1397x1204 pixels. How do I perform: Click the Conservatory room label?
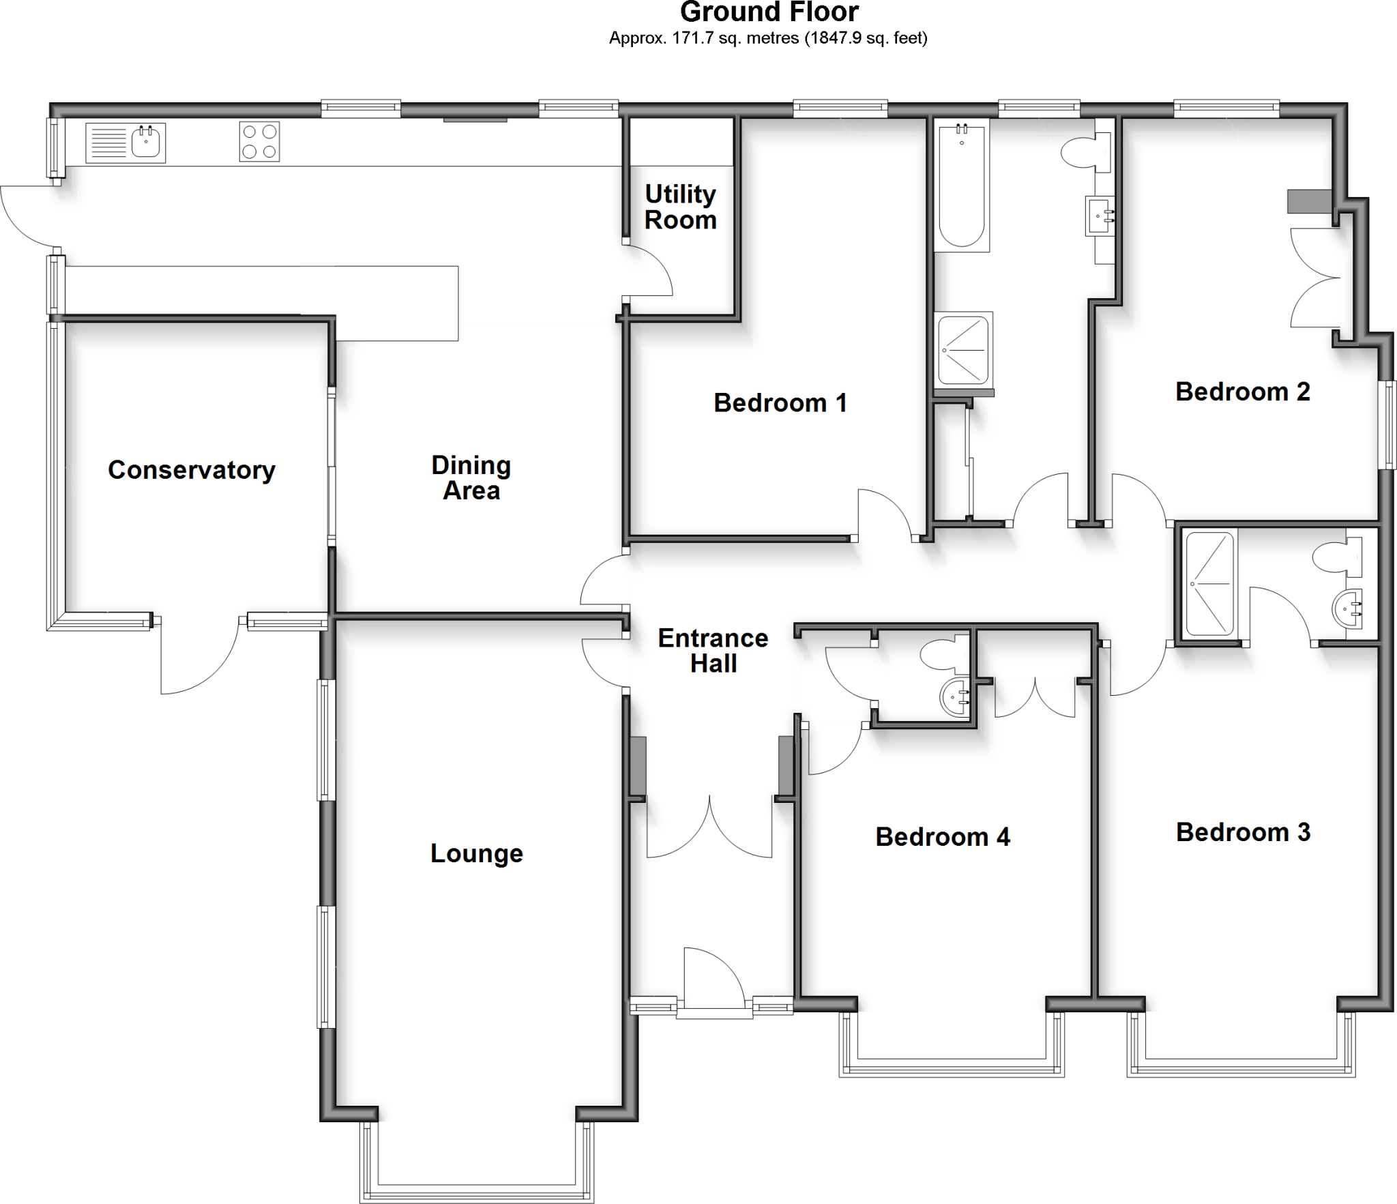pos(192,470)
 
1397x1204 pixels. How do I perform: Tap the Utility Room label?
pos(680,207)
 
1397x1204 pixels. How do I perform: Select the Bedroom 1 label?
pos(780,402)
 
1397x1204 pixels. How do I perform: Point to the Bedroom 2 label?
pos(1242,392)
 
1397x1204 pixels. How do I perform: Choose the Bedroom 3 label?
pos(1243,832)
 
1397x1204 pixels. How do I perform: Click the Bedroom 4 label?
pos(943,836)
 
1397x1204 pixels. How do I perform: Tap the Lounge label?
pos(476,853)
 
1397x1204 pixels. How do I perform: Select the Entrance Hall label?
pos(713,650)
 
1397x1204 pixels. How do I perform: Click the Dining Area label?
pos(471,478)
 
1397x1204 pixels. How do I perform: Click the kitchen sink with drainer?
pos(126,143)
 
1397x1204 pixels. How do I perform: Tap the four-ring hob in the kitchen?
pos(259,142)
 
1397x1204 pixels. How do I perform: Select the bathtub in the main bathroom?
pos(961,186)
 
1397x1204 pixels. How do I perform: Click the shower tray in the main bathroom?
pos(963,349)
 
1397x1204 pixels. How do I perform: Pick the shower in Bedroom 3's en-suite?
pos(1210,584)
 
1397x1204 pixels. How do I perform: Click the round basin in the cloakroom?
pos(955,697)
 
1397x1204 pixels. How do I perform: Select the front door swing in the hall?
pos(713,979)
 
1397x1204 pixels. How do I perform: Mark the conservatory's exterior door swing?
pos(198,655)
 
